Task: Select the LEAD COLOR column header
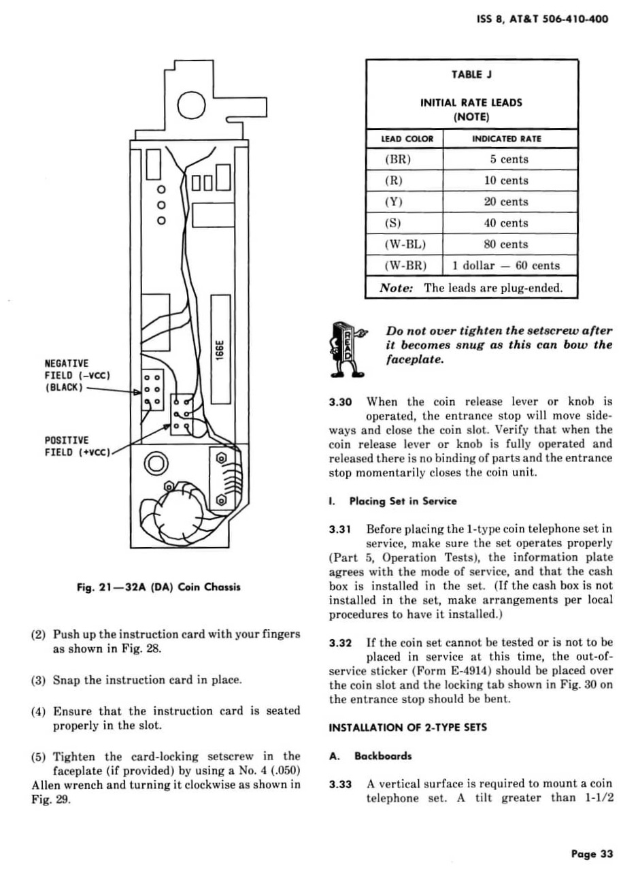coord(407,139)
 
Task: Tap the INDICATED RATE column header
coord(507,139)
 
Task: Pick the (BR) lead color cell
coord(399,159)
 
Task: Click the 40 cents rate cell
coord(506,223)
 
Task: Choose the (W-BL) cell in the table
coord(405,244)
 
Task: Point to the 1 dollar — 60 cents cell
coord(506,265)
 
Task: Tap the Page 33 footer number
coord(592,853)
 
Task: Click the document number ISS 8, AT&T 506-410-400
coord(542,19)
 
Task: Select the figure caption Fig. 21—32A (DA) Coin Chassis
coord(158,587)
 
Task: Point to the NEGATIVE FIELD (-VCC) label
coord(77,375)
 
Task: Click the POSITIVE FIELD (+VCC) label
coord(77,446)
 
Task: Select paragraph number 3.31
coord(339,529)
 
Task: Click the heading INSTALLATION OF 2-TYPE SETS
coord(407,728)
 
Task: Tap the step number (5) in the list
coord(39,757)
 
